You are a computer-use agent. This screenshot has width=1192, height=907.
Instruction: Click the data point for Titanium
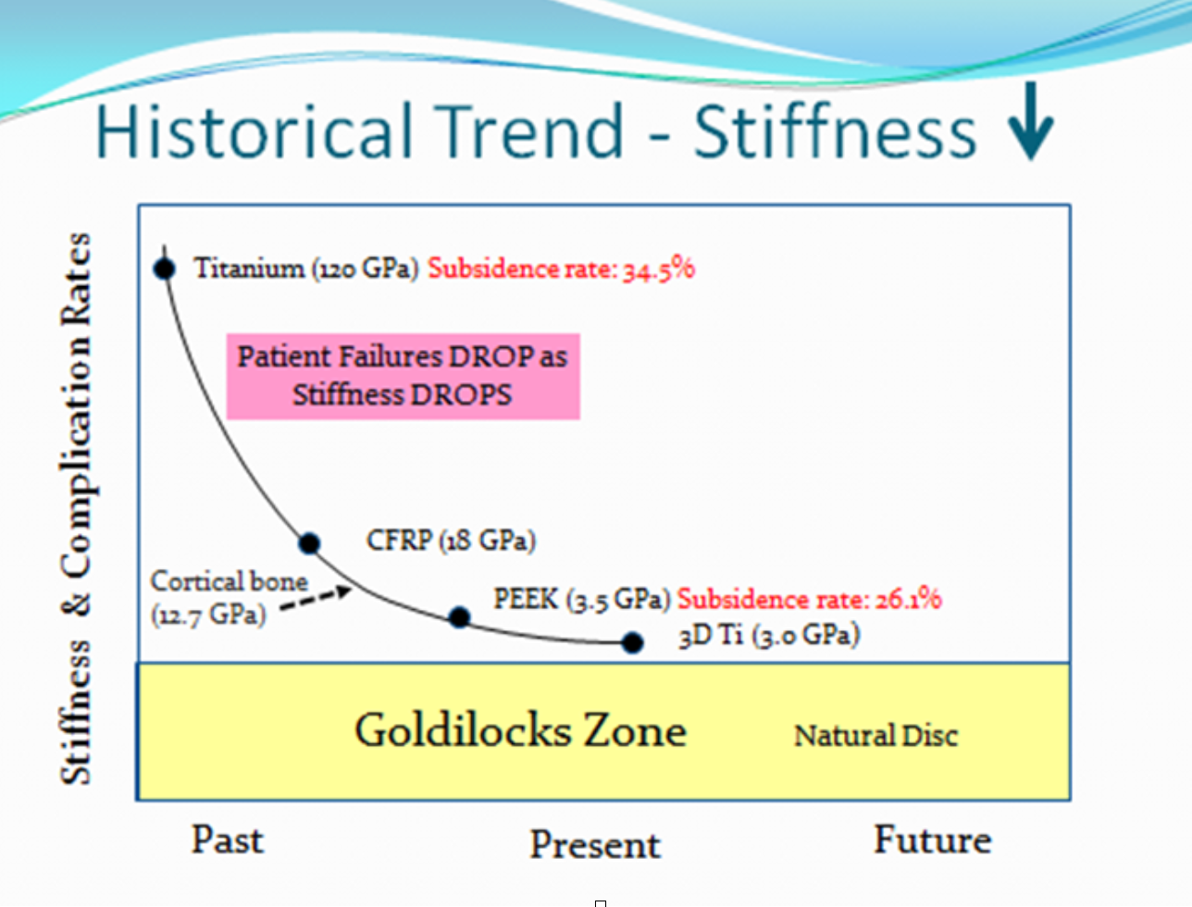(x=165, y=268)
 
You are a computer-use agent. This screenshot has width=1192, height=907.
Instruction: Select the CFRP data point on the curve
(x=309, y=542)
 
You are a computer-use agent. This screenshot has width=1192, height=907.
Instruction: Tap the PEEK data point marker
(x=459, y=617)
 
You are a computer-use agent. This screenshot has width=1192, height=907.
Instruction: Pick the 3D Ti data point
(x=633, y=642)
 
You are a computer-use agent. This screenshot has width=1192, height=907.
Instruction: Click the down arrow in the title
(x=1030, y=121)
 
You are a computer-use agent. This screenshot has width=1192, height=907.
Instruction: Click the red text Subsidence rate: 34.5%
(x=562, y=268)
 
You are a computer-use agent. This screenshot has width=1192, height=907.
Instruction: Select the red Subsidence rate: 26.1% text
(x=810, y=599)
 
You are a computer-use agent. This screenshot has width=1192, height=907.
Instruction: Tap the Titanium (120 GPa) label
(x=307, y=268)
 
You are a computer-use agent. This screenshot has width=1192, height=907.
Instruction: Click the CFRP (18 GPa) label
(x=452, y=540)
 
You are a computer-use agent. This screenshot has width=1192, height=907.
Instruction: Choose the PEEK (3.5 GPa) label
(x=582, y=600)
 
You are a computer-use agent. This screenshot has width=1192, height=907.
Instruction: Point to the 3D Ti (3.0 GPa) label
(x=770, y=635)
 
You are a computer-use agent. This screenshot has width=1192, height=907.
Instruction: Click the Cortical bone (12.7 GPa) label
(x=230, y=598)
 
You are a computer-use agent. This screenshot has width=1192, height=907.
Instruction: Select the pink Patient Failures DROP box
(x=403, y=377)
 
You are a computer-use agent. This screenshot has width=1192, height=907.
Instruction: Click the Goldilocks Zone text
(x=521, y=730)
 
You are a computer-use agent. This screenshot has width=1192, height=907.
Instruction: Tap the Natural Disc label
(x=875, y=736)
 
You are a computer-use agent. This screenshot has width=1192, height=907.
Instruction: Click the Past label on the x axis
(x=228, y=840)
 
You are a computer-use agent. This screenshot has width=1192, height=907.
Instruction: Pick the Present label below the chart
(x=595, y=845)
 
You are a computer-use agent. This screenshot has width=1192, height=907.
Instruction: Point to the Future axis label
(x=933, y=839)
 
